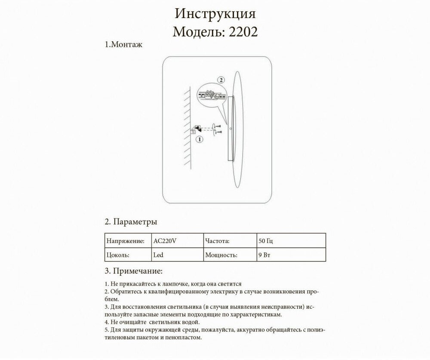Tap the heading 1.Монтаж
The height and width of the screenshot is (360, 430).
click(123, 45)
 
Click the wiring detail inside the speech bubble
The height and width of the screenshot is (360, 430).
click(211, 95)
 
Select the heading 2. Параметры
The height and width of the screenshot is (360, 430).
click(131, 222)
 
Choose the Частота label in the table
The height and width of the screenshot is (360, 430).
click(217, 241)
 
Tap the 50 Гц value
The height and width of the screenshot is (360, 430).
click(263, 241)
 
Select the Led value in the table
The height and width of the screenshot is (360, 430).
click(158, 255)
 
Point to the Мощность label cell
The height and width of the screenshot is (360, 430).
click(221, 255)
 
